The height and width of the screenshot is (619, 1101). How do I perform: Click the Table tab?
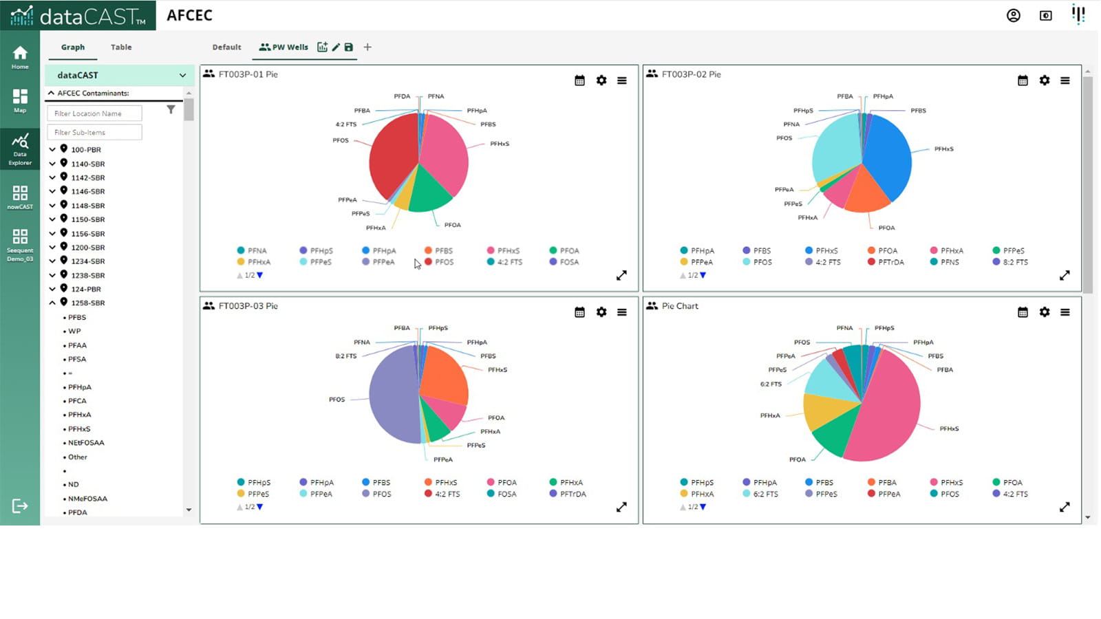coord(121,47)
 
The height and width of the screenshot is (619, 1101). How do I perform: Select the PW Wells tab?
coord(284,47)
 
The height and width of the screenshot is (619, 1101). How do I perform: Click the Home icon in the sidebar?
coord(20,57)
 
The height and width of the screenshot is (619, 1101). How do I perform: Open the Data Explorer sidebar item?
coord(20,149)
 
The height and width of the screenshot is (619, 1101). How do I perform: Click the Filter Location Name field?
coord(94,113)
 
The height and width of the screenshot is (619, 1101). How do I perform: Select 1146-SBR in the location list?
coord(88,192)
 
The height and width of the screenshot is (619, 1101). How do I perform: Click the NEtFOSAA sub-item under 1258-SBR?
coord(86,443)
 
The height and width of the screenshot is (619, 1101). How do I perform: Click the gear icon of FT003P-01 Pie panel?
coord(601,80)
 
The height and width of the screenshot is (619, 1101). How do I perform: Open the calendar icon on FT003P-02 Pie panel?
coord(1023,80)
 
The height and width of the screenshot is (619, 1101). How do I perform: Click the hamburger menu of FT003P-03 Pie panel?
coord(622,312)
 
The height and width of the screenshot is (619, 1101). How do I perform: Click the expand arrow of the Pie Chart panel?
coord(1065,507)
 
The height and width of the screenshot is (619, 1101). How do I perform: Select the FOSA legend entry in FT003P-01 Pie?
coord(568,262)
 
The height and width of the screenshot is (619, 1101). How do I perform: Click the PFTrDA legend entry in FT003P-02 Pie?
coord(890,262)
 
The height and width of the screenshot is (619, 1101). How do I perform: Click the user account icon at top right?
coord(1013,15)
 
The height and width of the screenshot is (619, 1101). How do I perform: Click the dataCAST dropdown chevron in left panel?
coord(182,76)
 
